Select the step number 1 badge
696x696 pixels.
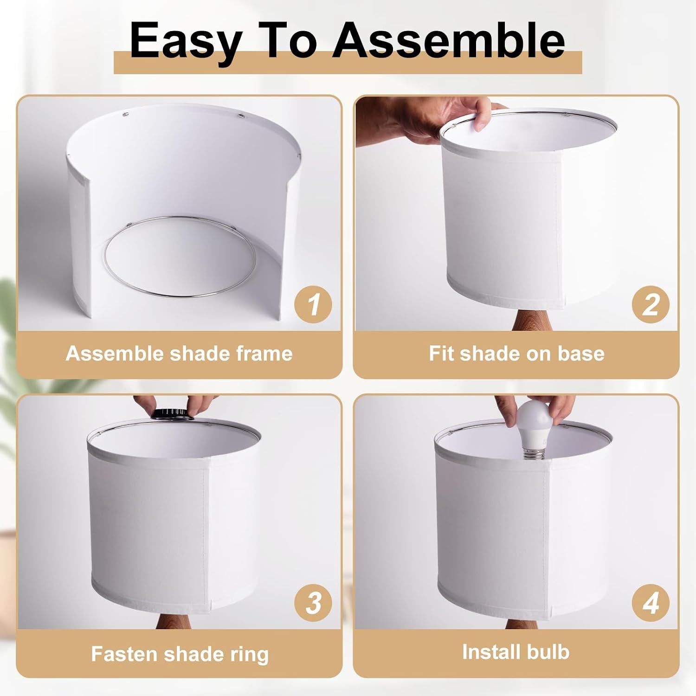click(314, 304)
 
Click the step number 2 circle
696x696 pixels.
click(651, 304)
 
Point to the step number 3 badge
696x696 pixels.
click(314, 603)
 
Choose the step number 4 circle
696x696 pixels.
click(651, 603)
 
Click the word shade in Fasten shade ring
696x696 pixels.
click(191, 654)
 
